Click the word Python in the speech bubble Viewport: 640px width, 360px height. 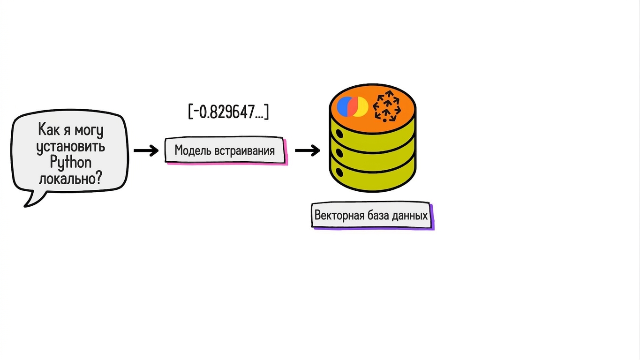click(x=71, y=163)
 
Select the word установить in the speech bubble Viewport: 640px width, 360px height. click(x=71, y=147)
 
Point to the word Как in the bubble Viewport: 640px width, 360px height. click(x=49, y=129)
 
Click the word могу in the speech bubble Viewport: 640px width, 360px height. click(x=89, y=131)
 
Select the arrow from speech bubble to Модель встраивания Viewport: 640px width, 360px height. click(x=146, y=150)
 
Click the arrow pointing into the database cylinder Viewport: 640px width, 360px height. click(x=308, y=150)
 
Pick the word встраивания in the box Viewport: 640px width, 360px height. click(x=245, y=150)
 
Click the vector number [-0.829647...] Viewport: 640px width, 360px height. click(x=229, y=112)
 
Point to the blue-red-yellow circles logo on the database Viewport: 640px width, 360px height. click(x=352, y=106)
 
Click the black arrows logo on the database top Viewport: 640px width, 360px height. click(x=387, y=106)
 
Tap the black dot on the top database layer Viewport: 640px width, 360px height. click(x=339, y=134)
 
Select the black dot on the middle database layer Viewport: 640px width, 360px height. click(x=339, y=153)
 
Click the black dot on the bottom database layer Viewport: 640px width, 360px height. click(x=339, y=172)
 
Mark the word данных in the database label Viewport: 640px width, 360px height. click(x=410, y=216)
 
